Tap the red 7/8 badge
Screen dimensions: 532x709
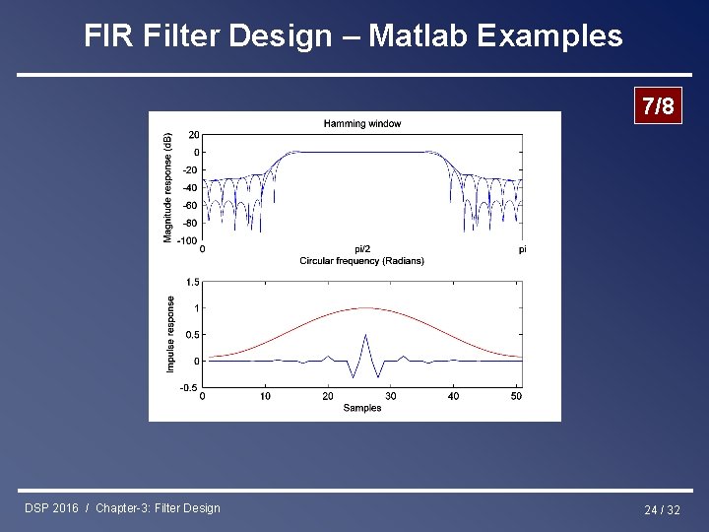point(657,106)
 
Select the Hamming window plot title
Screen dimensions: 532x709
point(361,123)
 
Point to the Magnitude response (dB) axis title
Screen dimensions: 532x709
point(167,186)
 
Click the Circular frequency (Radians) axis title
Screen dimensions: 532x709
point(361,261)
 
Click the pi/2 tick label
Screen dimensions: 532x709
point(362,249)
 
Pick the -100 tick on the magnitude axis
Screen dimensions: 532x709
point(187,240)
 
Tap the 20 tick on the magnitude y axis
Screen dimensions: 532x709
point(193,135)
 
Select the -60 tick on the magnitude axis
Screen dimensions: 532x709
point(190,205)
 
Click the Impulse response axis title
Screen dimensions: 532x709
point(170,334)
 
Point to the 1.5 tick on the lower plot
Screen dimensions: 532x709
point(191,282)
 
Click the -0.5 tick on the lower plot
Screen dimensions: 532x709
point(189,387)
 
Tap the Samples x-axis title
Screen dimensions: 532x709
point(361,408)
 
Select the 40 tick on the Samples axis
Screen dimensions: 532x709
point(454,396)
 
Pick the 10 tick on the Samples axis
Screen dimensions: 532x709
point(265,396)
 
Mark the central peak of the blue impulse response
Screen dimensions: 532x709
point(365,336)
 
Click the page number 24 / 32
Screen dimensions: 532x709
point(662,509)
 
